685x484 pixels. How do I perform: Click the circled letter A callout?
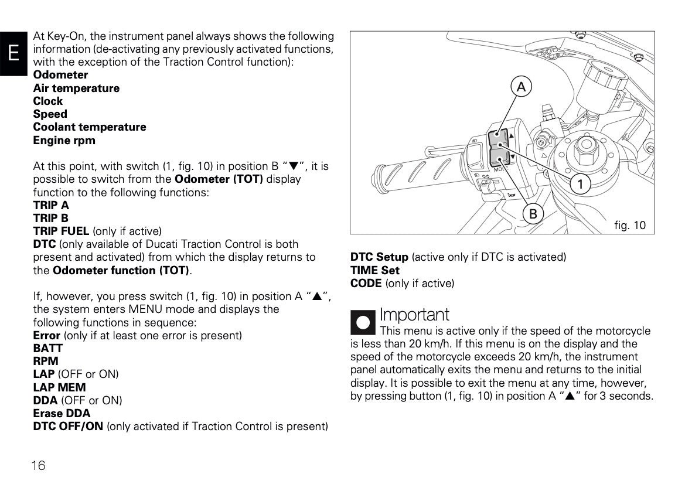click(520, 87)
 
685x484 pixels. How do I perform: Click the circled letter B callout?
click(533, 214)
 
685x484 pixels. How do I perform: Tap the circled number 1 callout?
click(580, 185)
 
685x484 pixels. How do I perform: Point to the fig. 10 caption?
click(629, 225)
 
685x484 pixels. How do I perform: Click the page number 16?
click(38, 466)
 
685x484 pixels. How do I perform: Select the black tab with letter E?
click(13, 53)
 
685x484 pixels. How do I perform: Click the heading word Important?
click(414, 315)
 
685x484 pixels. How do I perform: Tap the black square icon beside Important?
click(363, 323)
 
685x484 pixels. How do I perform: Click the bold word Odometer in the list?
click(60, 75)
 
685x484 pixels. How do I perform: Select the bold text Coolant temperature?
click(90, 127)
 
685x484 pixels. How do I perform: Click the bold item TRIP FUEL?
click(61, 231)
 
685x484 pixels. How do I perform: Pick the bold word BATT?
click(48, 349)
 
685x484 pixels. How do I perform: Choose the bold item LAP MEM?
click(59, 387)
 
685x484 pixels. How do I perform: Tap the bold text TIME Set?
click(374, 270)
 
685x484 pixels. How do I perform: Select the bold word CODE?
click(366, 284)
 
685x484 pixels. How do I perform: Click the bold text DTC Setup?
click(379, 257)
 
